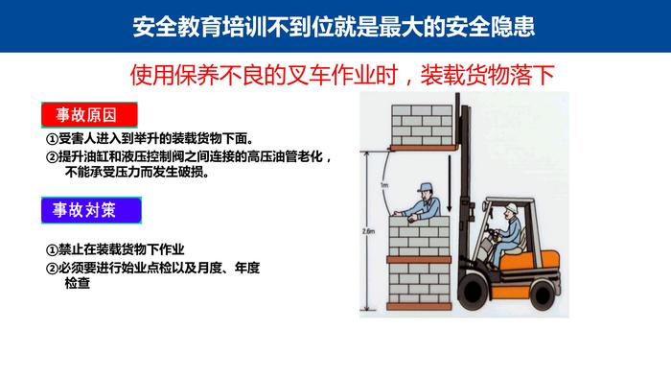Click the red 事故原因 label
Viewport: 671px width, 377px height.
(89, 115)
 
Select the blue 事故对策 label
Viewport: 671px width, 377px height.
(91, 210)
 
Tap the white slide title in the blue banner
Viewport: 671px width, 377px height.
(334, 27)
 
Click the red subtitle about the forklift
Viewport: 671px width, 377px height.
(342, 75)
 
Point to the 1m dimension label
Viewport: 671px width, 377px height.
(384, 185)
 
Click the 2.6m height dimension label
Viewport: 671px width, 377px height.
(368, 231)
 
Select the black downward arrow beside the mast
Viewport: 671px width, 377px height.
(450, 183)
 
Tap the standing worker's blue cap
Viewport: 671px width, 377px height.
(425, 188)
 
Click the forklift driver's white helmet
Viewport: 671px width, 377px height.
(511, 208)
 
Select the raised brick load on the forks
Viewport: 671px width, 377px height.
(422, 125)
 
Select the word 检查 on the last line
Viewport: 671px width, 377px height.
(78, 283)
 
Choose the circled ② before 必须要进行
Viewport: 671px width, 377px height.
(52, 269)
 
